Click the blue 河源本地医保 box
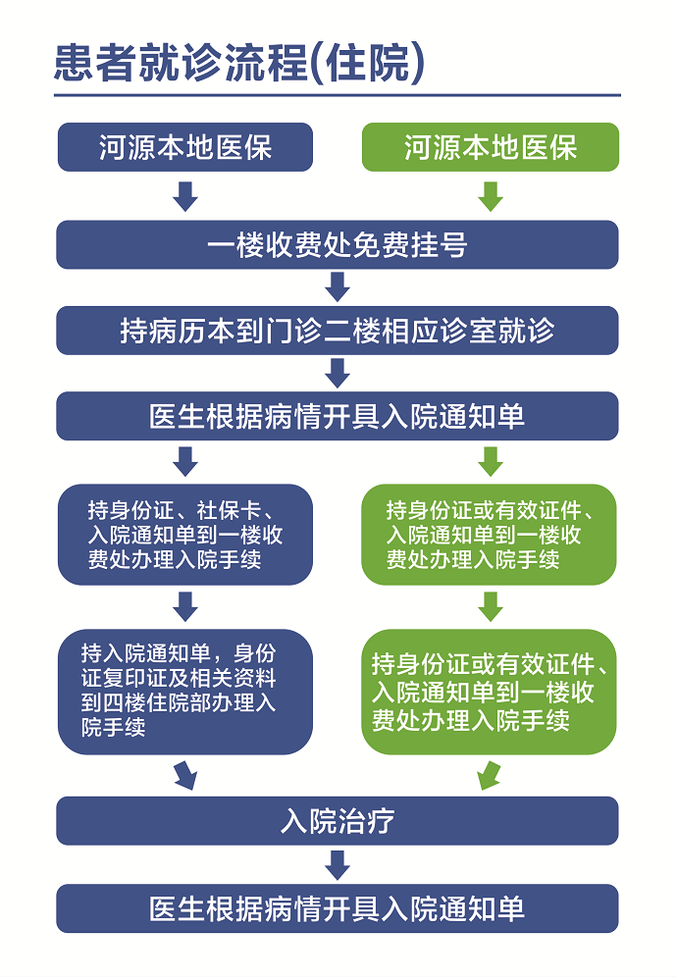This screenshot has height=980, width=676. (x=185, y=147)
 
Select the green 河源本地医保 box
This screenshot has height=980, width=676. (x=491, y=147)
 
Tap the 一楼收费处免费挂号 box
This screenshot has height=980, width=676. (x=338, y=244)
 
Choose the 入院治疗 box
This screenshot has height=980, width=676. (x=338, y=821)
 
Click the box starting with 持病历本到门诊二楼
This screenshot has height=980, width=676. (x=338, y=331)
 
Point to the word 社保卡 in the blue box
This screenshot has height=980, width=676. (x=229, y=511)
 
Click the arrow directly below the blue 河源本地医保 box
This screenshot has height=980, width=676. (x=185, y=196)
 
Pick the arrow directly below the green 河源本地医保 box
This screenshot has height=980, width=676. (x=491, y=196)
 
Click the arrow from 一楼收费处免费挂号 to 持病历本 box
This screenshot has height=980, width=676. (x=338, y=286)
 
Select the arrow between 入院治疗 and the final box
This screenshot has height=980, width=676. (x=338, y=865)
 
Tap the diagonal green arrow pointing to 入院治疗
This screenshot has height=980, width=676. (x=489, y=776)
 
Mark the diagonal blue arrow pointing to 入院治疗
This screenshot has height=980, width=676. (x=185, y=776)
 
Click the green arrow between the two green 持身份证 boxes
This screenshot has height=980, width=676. (x=491, y=607)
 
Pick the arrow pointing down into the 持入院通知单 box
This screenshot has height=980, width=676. (x=185, y=607)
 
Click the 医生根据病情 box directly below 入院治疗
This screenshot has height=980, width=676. (x=338, y=908)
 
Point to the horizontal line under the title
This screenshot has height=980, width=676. (x=338, y=95)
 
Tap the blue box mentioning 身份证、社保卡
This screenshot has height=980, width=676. (x=185, y=535)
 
